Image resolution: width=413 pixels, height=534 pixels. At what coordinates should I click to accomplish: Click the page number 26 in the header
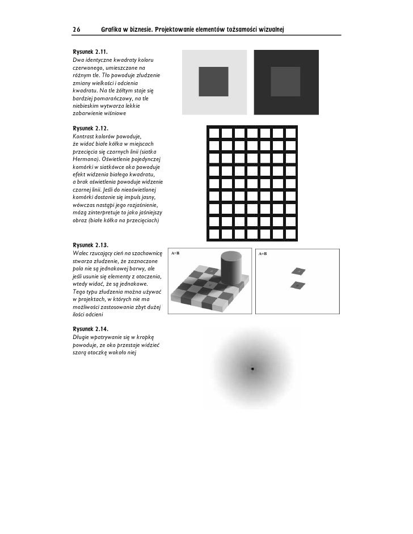point(77,28)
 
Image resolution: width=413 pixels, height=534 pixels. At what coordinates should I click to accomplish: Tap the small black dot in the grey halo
point(252,369)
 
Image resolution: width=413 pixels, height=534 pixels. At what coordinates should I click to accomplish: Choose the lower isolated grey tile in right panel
point(296,285)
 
